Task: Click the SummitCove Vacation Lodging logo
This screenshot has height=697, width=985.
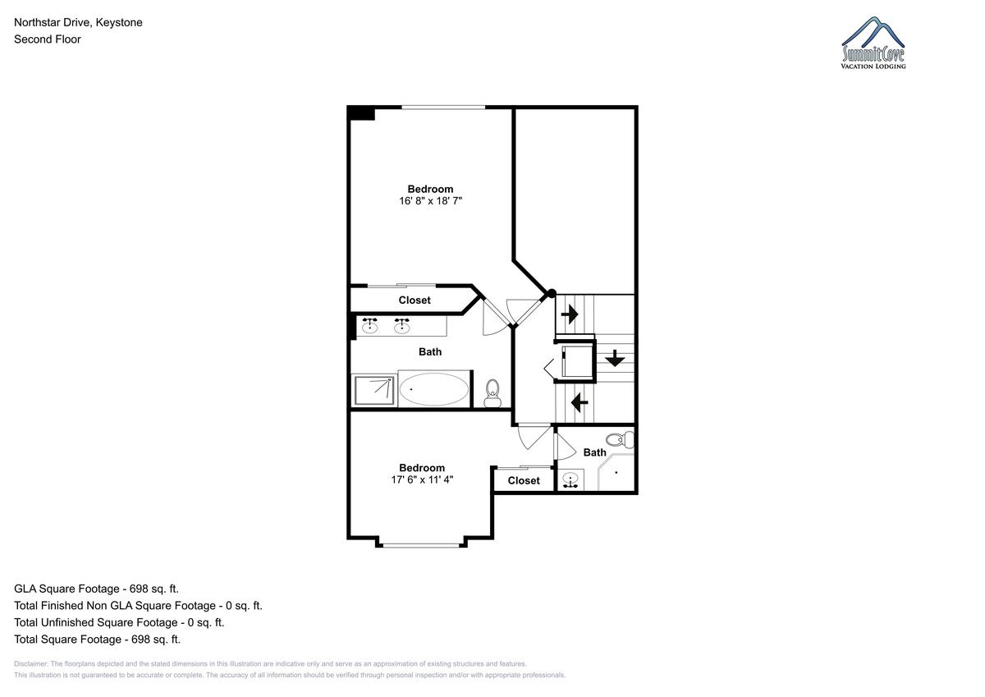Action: pyautogui.click(x=873, y=43)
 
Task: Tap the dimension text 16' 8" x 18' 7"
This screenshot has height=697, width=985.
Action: pyautogui.click(x=430, y=201)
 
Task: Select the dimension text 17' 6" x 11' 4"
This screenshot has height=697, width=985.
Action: pyautogui.click(x=422, y=479)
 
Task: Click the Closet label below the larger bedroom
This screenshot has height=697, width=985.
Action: pyautogui.click(x=415, y=300)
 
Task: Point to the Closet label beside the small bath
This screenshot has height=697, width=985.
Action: pyautogui.click(x=524, y=480)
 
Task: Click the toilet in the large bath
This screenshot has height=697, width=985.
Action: pyautogui.click(x=492, y=393)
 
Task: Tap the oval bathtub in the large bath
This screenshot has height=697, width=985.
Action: pyautogui.click(x=434, y=389)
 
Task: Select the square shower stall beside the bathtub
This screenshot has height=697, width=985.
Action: pyautogui.click(x=374, y=390)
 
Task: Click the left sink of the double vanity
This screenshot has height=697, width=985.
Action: pyautogui.click(x=370, y=325)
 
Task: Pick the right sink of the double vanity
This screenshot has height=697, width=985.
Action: pyautogui.click(x=402, y=325)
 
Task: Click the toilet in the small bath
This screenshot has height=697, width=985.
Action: pyautogui.click(x=620, y=439)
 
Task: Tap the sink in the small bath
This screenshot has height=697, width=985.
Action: pyautogui.click(x=570, y=480)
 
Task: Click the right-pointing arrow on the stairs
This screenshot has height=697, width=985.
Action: pyautogui.click(x=570, y=314)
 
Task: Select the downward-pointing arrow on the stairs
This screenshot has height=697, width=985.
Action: pyautogui.click(x=615, y=358)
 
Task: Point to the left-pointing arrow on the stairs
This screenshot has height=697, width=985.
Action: pyautogui.click(x=580, y=402)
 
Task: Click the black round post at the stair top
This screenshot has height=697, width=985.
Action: pyautogui.click(x=552, y=293)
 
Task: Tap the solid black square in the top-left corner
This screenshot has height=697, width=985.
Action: pyautogui.click(x=361, y=113)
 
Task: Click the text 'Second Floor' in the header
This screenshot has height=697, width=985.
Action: pyautogui.click(x=48, y=39)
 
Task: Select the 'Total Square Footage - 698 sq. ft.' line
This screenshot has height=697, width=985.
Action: pyautogui.click(x=97, y=639)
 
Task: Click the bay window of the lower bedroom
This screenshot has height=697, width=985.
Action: pyautogui.click(x=421, y=546)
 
